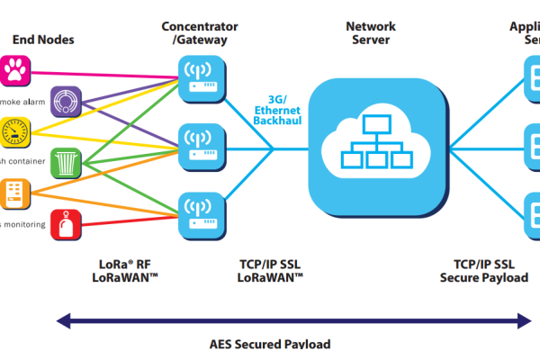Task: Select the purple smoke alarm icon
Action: coord(67,100)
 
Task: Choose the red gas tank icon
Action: coord(67,224)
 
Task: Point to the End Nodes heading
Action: coord(43,39)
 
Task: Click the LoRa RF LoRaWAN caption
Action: coord(126,271)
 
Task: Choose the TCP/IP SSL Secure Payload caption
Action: coord(484,271)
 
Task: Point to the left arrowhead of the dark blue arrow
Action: coord(61,319)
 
